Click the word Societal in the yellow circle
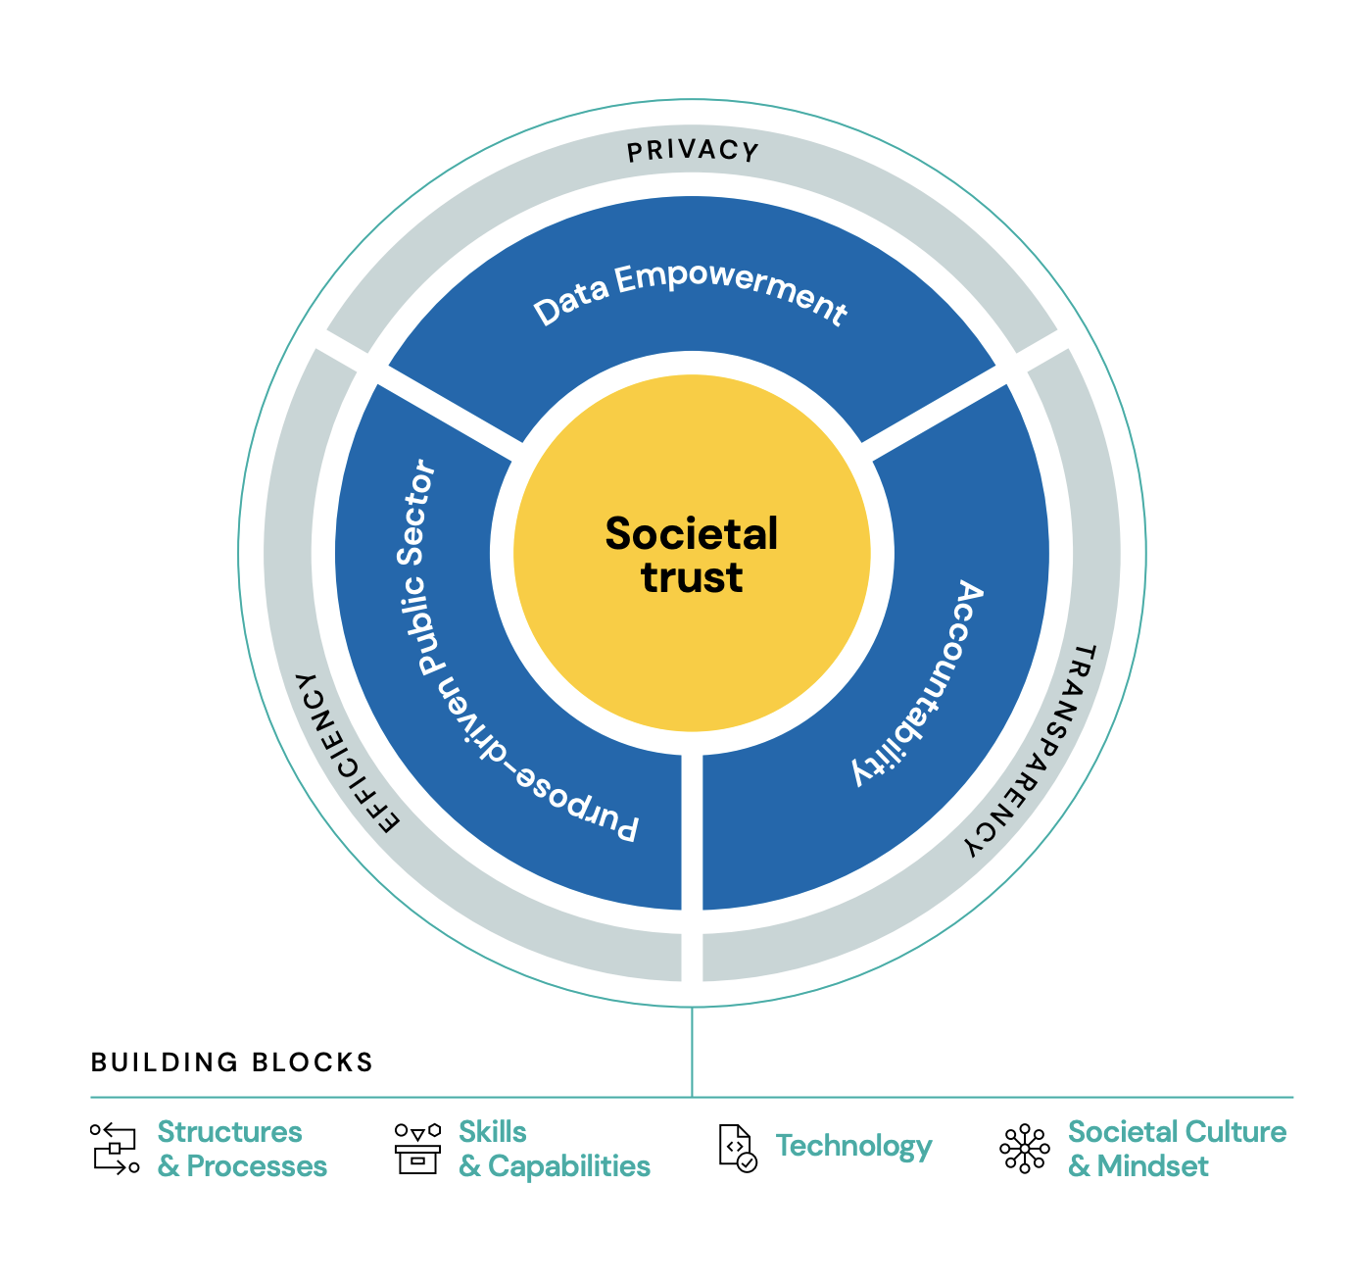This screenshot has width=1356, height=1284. [692, 534]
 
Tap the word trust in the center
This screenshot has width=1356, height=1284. [692, 577]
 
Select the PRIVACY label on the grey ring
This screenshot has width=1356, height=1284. [693, 151]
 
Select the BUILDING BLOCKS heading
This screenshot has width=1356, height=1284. [232, 1062]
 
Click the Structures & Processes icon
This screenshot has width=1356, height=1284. [115, 1148]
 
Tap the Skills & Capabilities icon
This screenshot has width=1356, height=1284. [417, 1148]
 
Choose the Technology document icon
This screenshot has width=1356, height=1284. [737, 1148]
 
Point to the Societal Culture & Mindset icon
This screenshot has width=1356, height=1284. [1024, 1148]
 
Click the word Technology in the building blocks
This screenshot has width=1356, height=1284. [853, 1146]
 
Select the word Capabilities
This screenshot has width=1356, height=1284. [569, 1166]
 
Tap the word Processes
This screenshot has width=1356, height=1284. [257, 1166]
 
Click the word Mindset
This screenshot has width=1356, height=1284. [1153, 1166]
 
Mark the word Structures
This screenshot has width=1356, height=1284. [230, 1132]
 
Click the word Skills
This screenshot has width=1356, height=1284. [493, 1132]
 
